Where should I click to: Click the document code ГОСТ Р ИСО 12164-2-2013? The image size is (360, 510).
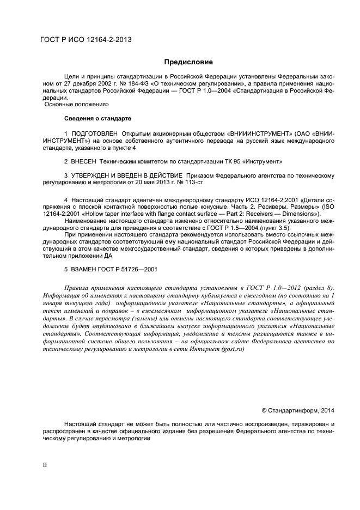86,40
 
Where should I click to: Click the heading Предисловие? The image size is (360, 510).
188,62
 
